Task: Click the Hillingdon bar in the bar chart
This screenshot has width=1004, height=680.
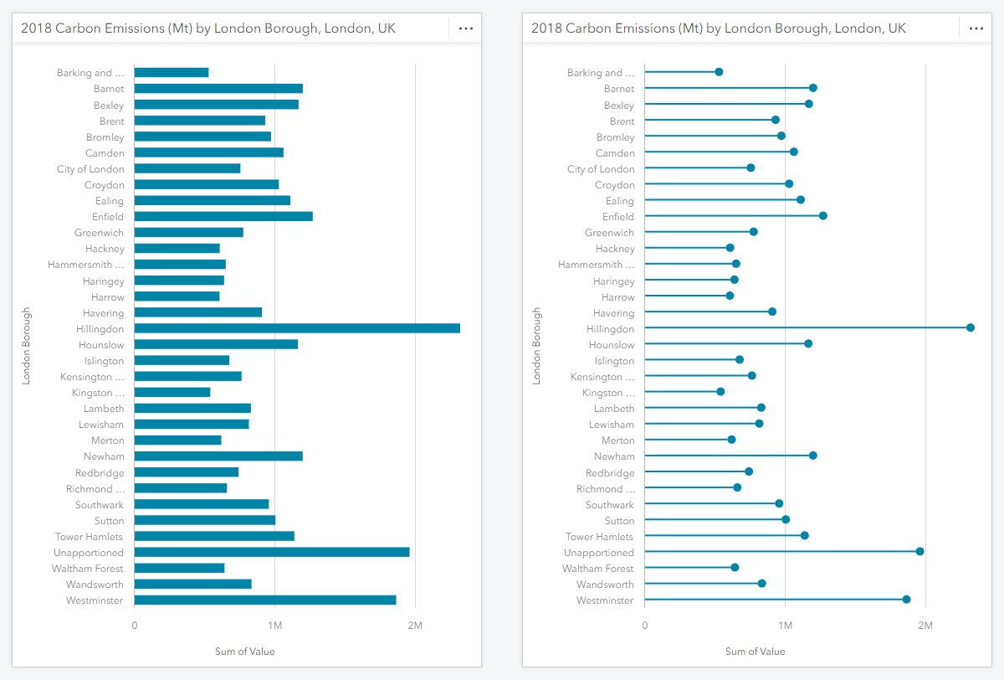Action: pos(297,328)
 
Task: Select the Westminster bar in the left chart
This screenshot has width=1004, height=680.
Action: pos(264,600)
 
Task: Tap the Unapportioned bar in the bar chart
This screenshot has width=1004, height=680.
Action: pos(272,552)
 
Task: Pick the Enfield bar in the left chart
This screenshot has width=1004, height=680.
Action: pos(223,216)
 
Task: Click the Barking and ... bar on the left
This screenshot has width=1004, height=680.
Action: pos(172,73)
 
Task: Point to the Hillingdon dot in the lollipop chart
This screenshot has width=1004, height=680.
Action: pos(970,327)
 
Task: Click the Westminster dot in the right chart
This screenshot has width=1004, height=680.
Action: pos(906,600)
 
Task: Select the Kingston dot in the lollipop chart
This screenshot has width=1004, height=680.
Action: pos(720,392)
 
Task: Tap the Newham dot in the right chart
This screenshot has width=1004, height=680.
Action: pos(812,456)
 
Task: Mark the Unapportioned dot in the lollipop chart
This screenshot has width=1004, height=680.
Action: pos(919,551)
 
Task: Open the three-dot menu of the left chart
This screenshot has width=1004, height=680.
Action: pos(466,28)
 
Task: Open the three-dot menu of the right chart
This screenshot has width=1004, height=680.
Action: pos(976,28)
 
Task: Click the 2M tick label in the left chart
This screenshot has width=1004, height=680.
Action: pos(414,625)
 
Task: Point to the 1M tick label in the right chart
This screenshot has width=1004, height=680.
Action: pos(785,625)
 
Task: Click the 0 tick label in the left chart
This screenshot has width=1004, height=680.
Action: pos(135,625)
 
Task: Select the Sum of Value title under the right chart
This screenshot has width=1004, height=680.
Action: pos(755,652)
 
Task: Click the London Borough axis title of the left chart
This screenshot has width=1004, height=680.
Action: pos(27,346)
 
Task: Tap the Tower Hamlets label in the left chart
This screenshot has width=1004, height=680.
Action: pos(89,537)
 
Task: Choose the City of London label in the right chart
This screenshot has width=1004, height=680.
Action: pos(601,169)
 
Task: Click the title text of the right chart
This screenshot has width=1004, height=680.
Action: pos(718,28)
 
